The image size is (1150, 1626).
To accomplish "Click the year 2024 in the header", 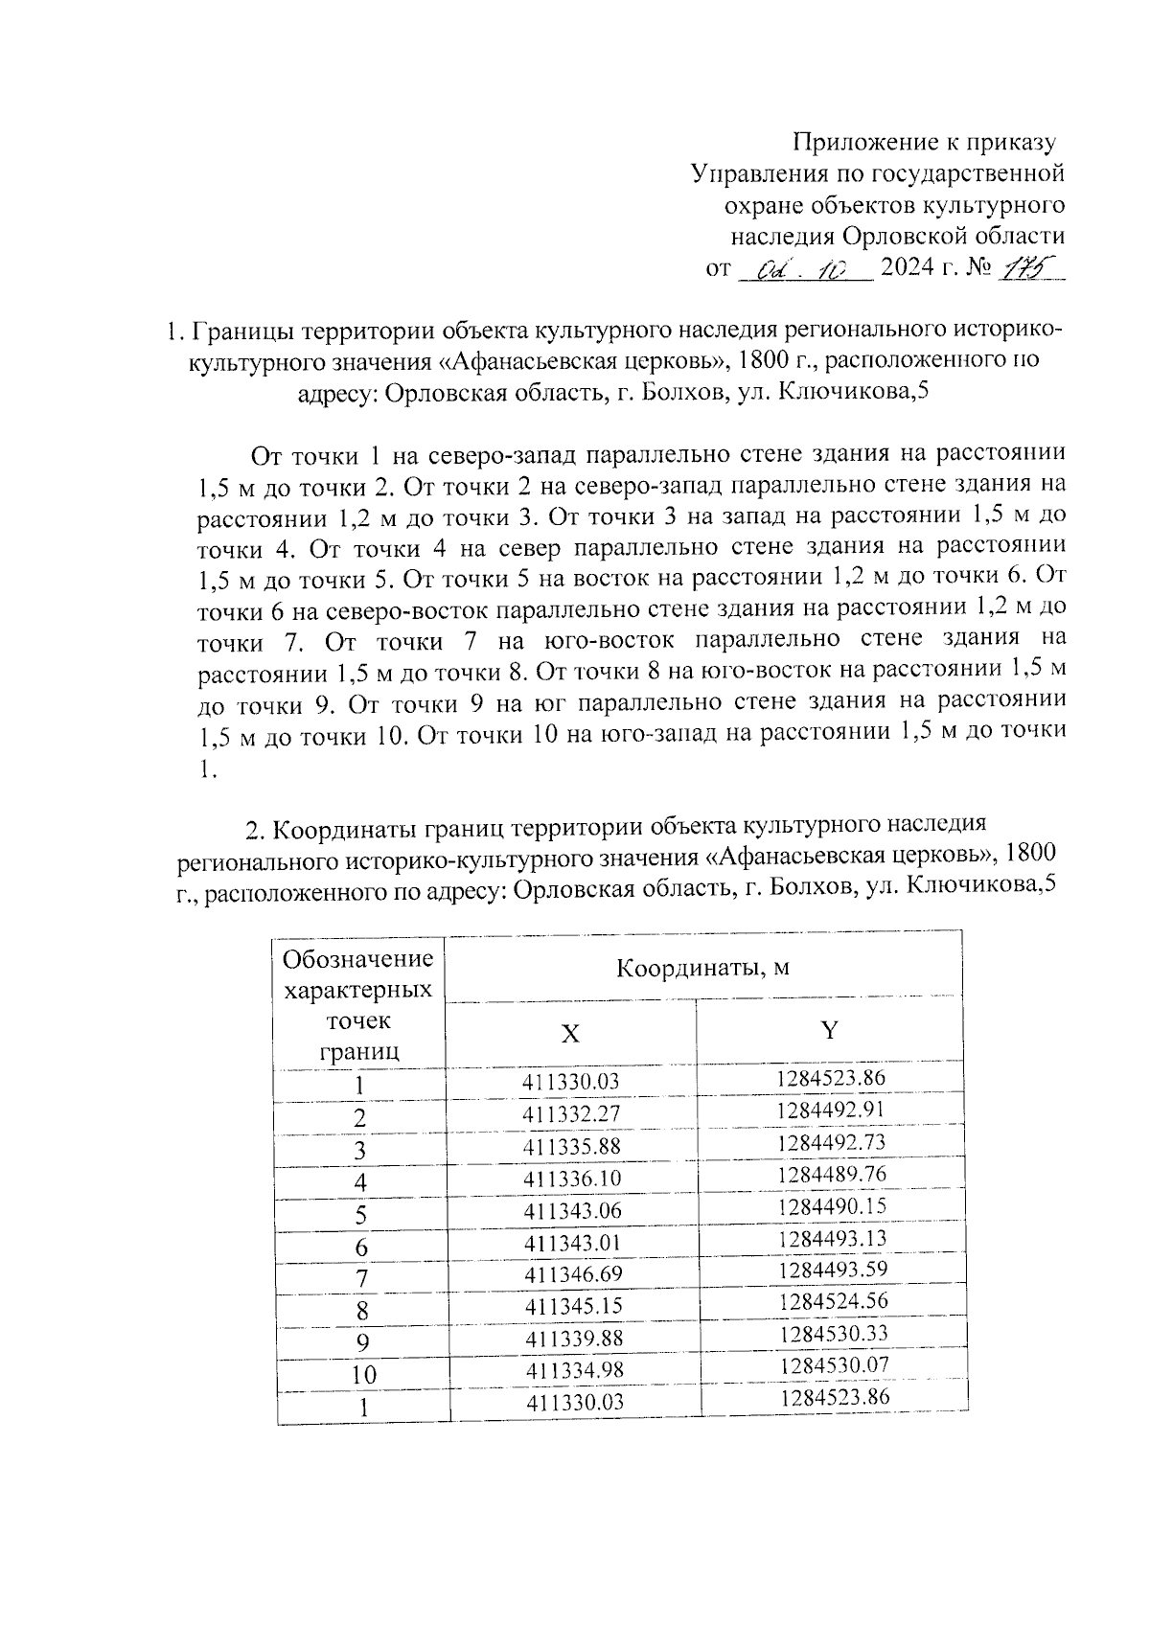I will [x=907, y=268].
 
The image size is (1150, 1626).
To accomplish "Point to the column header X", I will [x=570, y=1034].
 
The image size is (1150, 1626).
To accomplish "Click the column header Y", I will [x=830, y=1030].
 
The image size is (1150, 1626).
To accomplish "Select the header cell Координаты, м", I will [x=702, y=968].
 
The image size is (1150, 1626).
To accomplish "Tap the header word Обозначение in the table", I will [x=358, y=959].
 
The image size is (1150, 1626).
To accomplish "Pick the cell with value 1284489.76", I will [x=832, y=1174].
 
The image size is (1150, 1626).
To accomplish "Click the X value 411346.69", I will [x=573, y=1274].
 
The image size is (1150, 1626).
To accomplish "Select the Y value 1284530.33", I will [x=834, y=1333].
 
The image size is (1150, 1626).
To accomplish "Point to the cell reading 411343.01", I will [x=573, y=1243].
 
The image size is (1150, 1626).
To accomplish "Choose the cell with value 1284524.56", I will [x=833, y=1301].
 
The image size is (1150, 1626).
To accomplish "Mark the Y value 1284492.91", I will [x=831, y=1111].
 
